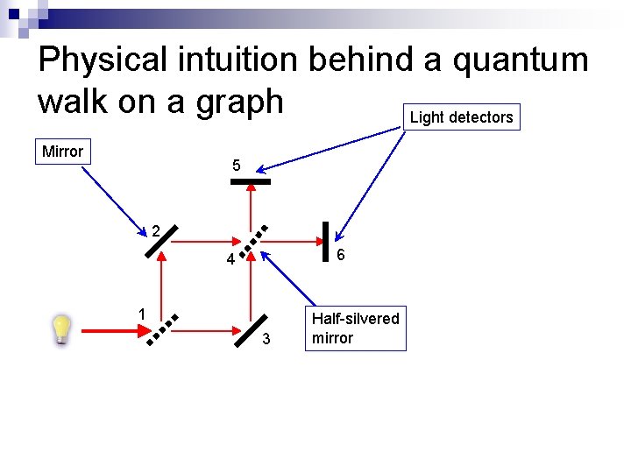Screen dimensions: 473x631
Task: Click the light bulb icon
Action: (x=60, y=330)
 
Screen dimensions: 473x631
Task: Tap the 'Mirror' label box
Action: (x=62, y=152)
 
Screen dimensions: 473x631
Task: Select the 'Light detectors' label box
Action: (x=461, y=117)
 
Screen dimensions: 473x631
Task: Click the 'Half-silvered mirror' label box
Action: (x=355, y=328)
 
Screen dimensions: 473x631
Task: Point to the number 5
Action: (x=237, y=166)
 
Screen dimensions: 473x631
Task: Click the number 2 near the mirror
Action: (x=154, y=233)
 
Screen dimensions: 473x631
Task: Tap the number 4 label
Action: (x=229, y=260)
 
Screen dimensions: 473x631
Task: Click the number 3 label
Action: (x=268, y=339)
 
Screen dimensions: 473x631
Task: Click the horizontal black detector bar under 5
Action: (x=251, y=182)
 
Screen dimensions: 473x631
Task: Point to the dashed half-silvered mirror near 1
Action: (x=163, y=330)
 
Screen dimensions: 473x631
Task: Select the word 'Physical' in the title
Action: (x=103, y=60)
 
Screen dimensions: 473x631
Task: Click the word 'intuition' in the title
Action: (x=234, y=60)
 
